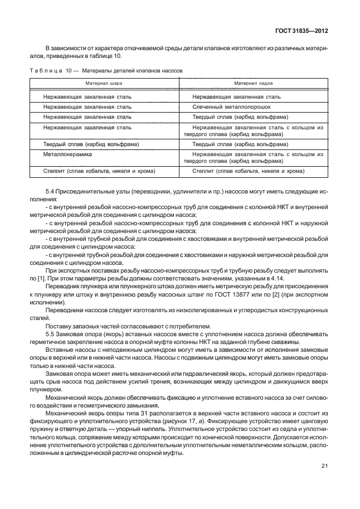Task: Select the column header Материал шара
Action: [103, 83]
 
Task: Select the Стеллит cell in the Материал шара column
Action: [99, 171]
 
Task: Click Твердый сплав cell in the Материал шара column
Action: [91, 143]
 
